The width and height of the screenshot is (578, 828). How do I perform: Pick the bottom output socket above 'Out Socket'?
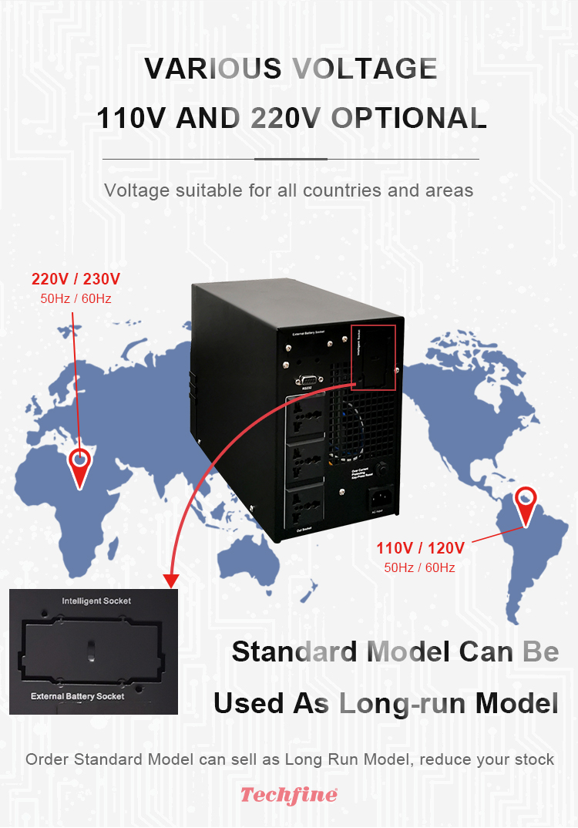coord(307,503)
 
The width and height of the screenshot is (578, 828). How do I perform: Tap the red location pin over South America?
coord(526,502)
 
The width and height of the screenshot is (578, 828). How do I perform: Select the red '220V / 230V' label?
coord(76,279)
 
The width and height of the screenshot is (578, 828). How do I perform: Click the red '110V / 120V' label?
coord(420,548)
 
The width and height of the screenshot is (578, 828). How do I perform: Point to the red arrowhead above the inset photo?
coord(171,579)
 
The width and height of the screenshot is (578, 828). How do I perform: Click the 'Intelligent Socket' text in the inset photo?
coord(96,601)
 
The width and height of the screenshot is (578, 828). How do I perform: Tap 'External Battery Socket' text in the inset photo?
coord(77,696)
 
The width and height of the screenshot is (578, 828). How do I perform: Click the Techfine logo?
coord(289,795)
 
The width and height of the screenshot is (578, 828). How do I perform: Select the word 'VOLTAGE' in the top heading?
coord(365,69)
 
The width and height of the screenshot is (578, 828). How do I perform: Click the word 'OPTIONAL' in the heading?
coord(408,118)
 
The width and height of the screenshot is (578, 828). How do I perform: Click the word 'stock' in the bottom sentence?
coord(532,759)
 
